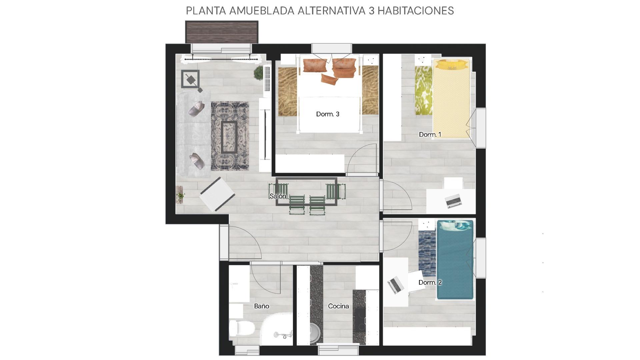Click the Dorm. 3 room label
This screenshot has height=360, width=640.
pos(328,114)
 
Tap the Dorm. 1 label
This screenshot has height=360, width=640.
pos(430,134)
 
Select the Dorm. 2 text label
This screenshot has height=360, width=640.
pos(430,282)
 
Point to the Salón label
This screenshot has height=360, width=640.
pos(278,196)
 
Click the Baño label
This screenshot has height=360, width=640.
pos(261,306)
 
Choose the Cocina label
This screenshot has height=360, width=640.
pos(338,306)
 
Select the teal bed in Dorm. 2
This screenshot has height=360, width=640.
pos(455,260)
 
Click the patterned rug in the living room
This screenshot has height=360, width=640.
pos(230,136)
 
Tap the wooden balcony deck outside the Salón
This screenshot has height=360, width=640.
pos(222,32)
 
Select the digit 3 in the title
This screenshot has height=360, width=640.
pos(372,11)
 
